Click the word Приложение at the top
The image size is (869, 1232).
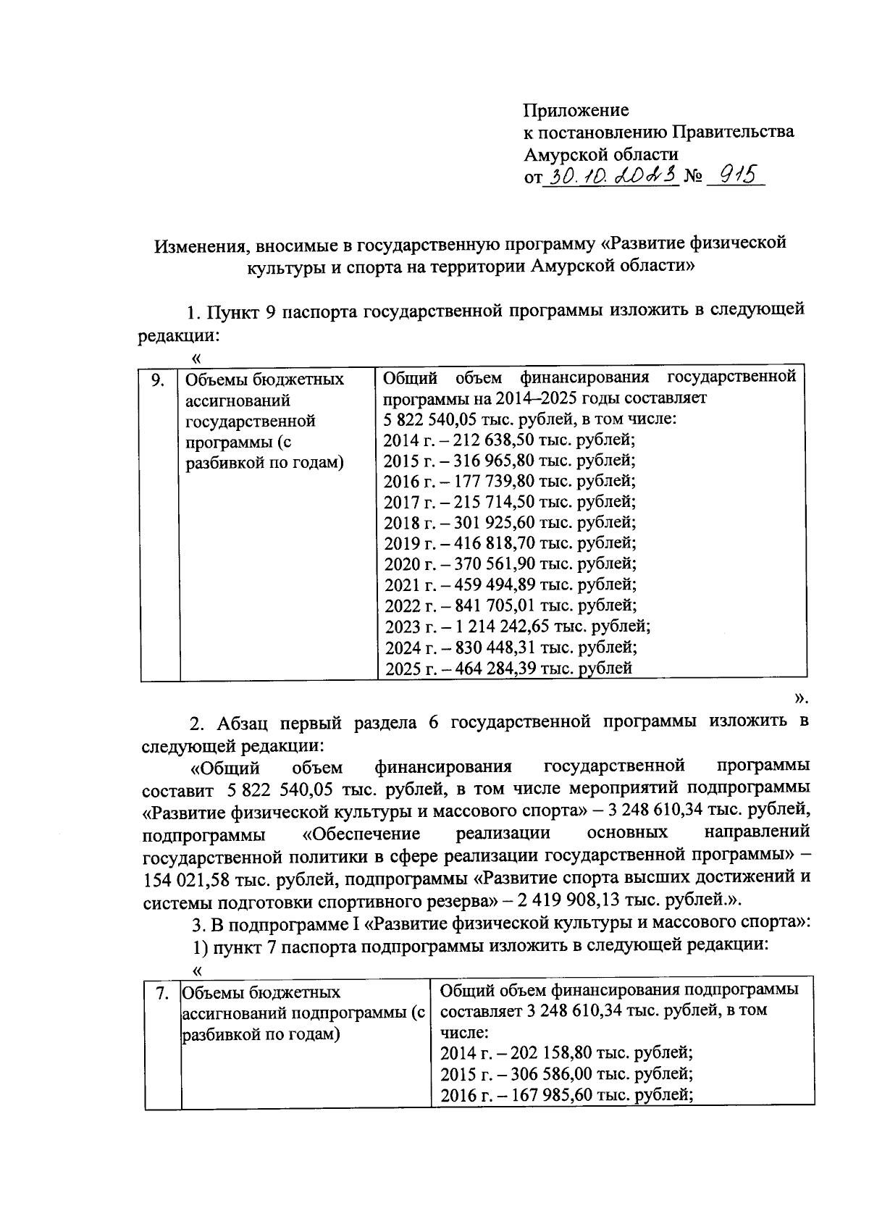(576, 110)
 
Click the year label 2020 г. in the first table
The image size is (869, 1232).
(406, 564)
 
